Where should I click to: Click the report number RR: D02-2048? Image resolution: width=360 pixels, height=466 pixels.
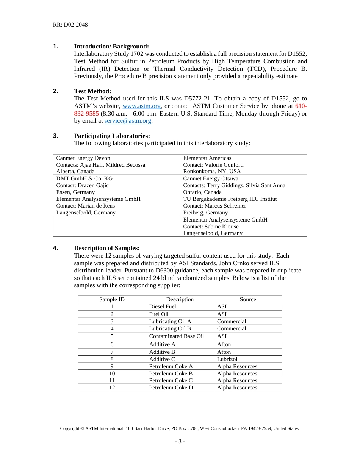click(70, 25)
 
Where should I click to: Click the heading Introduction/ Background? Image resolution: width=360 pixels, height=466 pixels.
click(111, 47)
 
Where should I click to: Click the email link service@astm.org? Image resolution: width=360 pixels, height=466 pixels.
click(128, 121)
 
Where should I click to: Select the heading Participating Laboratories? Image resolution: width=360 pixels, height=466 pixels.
click(112, 136)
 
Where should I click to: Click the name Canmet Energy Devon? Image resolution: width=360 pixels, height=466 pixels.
click(83, 158)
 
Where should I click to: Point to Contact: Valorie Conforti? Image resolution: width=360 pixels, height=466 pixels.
click(213, 165)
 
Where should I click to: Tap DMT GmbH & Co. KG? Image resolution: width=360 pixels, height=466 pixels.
click(85, 178)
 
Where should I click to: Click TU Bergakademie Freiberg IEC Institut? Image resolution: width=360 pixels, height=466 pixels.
click(230, 199)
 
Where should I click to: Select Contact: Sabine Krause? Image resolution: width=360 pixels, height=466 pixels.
click(211, 227)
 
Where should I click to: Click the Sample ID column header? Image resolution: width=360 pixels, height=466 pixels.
click(112, 299)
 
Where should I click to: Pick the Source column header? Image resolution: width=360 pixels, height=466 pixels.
click(248, 299)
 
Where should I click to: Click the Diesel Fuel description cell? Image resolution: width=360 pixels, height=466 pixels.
click(163, 306)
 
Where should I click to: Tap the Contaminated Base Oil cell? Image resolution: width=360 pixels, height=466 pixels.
click(177, 336)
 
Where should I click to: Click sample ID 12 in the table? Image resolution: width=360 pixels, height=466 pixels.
click(112, 388)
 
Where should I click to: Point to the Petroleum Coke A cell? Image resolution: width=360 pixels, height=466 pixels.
click(171, 366)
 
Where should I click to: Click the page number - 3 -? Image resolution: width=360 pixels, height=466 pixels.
click(180, 441)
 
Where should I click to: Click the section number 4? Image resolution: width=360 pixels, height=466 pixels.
click(56, 248)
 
